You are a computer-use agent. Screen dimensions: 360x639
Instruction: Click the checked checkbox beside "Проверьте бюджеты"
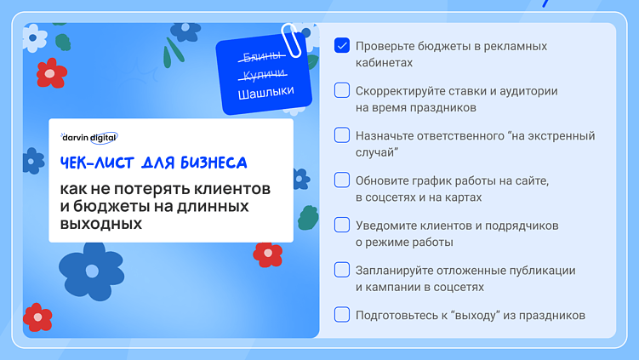click(x=342, y=45)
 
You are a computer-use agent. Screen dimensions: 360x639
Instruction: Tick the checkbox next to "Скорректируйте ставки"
click(x=342, y=90)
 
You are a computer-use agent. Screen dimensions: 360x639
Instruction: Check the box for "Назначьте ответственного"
click(x=342, y=135)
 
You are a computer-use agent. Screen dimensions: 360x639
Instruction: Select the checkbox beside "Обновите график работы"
click(x=342, y=180)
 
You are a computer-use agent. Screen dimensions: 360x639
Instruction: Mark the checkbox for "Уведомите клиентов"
click(x=342, y=226)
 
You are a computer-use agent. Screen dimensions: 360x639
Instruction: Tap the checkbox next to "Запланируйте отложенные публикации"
click(x=342, y=271)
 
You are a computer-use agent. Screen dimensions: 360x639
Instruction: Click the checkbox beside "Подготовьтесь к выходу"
click(x=342, y=315)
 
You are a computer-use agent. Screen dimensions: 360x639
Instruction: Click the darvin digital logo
click(x=89, y=136)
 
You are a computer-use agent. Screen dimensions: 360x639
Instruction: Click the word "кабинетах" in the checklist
click(x=385, y=62)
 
